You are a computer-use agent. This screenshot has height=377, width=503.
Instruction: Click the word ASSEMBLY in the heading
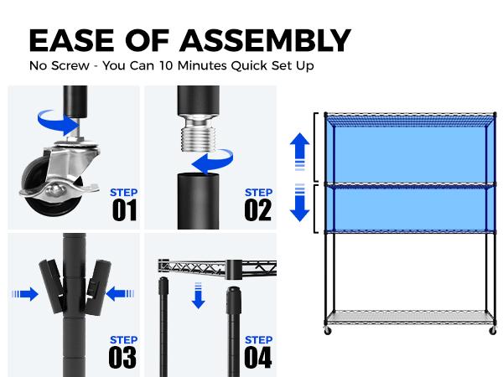(265, 40)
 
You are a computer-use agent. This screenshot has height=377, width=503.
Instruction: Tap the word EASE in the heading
(71, 40)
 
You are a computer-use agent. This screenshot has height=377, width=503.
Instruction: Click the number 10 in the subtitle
(166, 65)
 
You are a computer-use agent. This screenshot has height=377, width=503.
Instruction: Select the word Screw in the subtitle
(70, 65)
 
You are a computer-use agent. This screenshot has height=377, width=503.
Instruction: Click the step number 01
(124, 210)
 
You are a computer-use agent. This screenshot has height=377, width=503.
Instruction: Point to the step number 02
(258, 210)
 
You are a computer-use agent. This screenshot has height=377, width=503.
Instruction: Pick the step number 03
(123, 358)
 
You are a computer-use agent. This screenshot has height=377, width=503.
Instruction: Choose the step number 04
(258, 358)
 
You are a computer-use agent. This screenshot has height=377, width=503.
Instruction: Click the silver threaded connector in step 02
(198, 132)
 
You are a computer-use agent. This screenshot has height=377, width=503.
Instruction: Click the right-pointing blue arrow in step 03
(25, 294)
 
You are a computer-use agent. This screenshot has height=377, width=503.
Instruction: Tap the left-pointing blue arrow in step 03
(120, 294)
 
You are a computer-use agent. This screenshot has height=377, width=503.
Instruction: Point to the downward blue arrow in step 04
(199, 296)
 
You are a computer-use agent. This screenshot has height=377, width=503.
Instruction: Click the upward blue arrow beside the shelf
(299, 152)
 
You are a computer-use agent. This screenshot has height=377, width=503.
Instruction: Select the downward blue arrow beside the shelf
(299, 203)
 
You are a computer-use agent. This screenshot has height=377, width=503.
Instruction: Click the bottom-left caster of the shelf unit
(328, 331)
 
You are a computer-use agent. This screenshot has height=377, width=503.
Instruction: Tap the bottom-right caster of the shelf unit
(493, 331)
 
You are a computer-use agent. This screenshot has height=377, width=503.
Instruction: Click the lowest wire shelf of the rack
(410, 318)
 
